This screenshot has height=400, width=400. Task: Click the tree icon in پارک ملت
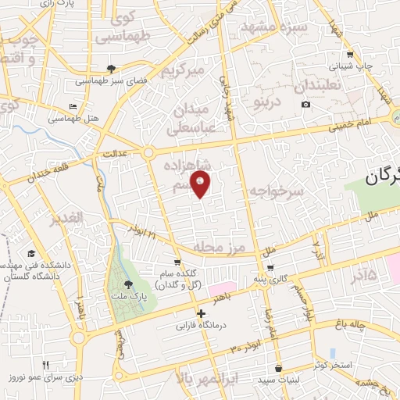point(128,284)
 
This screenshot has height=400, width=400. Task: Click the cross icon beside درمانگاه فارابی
point(201,313)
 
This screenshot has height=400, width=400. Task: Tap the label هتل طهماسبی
point(71,119)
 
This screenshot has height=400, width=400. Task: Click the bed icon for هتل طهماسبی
point(73,106)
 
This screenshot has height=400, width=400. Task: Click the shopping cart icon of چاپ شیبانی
point(350,55)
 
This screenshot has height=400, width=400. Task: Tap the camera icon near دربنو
point(305,105)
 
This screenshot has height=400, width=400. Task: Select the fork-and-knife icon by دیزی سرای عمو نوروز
point(45,364)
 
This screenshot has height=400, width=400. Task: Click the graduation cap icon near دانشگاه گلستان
point(31,254)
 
